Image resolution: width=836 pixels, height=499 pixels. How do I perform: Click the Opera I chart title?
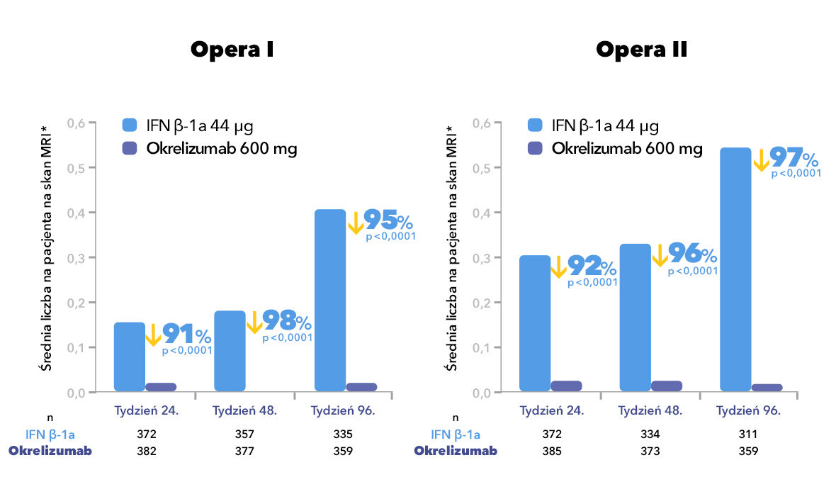[232, 50]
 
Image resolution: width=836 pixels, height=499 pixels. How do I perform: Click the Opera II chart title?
[641, 50]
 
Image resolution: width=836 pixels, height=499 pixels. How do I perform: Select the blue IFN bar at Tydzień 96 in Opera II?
[735, 269]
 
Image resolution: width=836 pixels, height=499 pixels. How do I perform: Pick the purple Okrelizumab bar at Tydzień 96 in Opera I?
[361, 387]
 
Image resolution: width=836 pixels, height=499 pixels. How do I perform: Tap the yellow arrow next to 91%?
[153, 334]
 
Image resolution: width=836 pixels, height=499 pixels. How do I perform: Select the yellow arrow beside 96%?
[659, 255]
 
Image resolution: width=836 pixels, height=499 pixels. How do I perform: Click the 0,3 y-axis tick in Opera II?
[481, 258]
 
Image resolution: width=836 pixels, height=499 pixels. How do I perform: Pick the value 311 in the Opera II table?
[748, 434]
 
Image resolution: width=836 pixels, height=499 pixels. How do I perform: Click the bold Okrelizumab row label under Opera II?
[456, 451]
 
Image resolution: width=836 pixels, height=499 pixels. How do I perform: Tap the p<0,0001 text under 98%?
[287, 338]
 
